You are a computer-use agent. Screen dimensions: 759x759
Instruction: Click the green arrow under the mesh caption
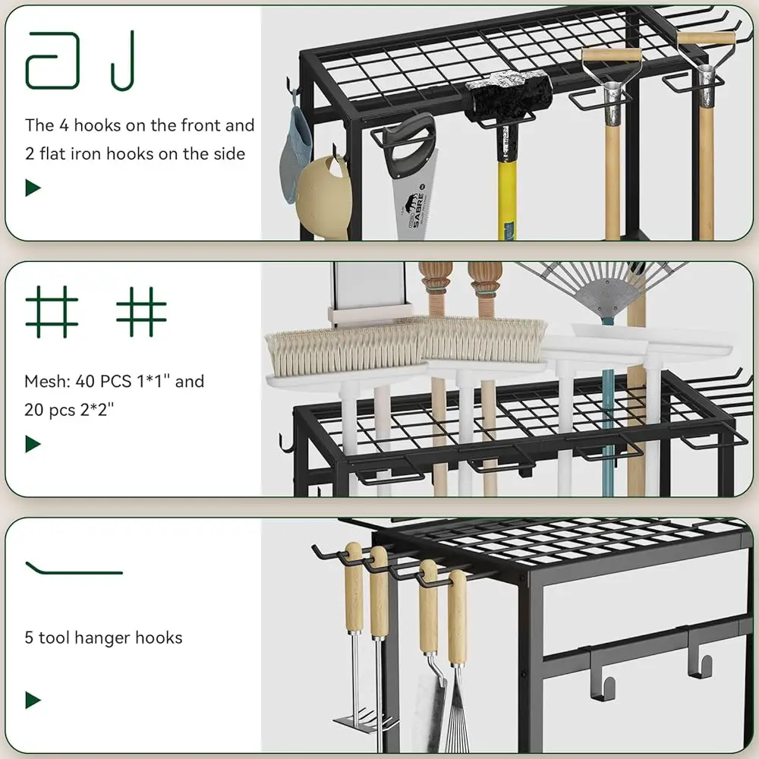[x=33, y=444]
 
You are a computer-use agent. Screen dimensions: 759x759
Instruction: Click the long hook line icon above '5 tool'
[x=74, y=568]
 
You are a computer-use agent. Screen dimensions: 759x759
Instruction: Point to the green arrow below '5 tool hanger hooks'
[x=33, y=700]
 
